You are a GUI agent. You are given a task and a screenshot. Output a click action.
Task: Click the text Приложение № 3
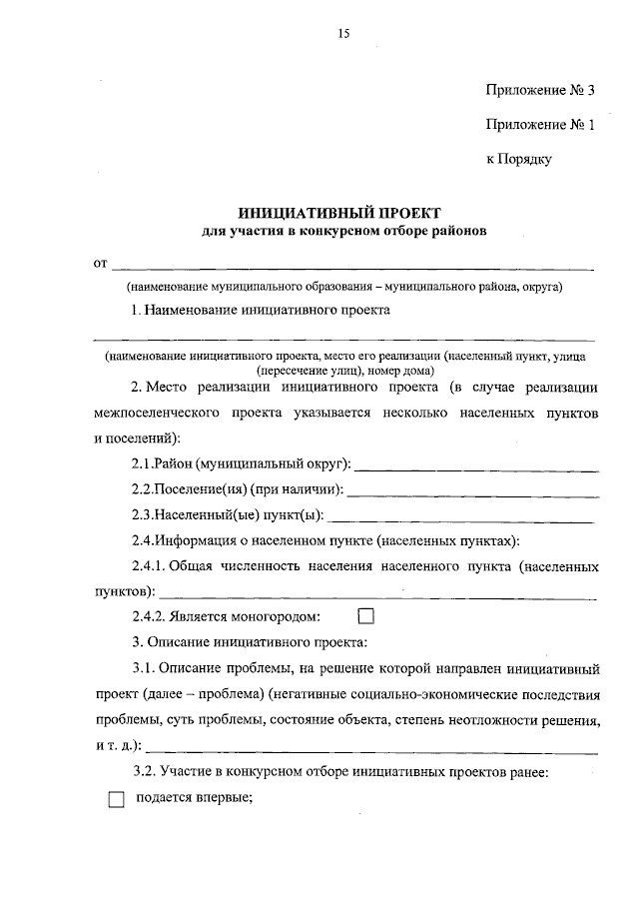(539, 91)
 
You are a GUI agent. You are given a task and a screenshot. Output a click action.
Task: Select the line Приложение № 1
(539, 125)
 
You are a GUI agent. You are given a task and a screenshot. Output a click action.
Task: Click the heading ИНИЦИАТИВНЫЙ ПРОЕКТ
(339, 213)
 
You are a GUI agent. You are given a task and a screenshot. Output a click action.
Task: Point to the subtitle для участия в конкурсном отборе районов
(339, 232)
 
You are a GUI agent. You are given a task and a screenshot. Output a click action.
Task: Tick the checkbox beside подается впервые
(117, 799)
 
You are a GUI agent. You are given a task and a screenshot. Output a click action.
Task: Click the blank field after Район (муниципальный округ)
(477, 465)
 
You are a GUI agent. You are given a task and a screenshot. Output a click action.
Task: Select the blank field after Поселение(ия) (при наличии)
(472, 490)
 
